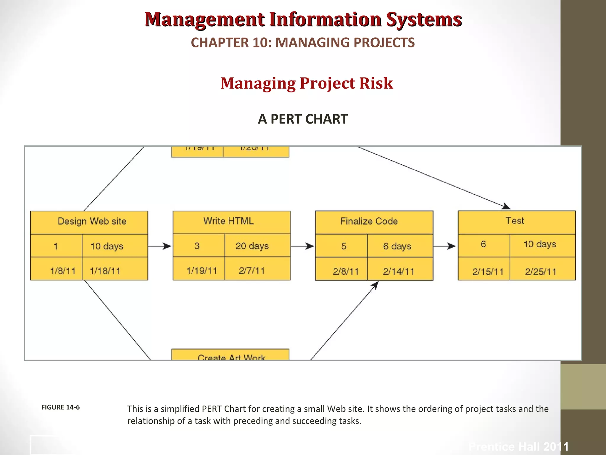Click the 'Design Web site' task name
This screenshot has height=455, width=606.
92,221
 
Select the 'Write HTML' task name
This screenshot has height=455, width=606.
228,221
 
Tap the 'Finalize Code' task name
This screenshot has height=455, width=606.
369,221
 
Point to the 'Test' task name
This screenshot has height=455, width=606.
515,221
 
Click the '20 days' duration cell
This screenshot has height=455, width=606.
252,246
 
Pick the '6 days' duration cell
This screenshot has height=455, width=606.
397,246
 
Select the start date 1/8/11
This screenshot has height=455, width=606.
63,271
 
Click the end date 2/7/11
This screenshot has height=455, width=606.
252,270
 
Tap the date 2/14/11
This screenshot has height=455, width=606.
398,271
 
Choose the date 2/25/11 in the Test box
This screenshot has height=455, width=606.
541,272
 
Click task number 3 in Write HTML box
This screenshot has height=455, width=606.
197,246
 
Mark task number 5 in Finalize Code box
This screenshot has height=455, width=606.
344,246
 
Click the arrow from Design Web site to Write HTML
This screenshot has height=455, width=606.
160,246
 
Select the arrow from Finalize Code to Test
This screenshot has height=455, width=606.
444,246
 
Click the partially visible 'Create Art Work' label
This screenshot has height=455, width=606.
231,357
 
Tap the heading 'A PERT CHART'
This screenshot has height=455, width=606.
303,119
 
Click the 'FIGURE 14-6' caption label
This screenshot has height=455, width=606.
60,407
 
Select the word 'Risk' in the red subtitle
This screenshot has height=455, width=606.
376,83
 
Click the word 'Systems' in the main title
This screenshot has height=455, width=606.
424,20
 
